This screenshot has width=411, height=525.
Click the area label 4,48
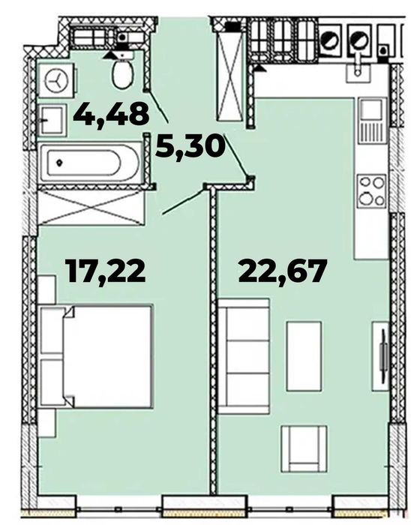tap(111, 114)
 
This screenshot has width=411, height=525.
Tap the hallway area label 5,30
tap(190, 146)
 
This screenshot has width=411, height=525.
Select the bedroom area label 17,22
tap(106, 271)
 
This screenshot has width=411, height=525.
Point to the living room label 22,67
tap(282, 271)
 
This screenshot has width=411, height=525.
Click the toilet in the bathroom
tap(123, 71)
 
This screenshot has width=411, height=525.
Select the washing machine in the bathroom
tap(56, 80)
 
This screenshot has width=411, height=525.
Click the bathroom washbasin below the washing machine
tap(52, 120)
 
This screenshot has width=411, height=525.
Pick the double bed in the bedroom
tap(97, 356)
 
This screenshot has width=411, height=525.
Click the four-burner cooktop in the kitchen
tap(371, 190)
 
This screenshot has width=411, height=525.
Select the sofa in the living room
tap(244, 356)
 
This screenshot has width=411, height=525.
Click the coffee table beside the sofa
tap(304, 356)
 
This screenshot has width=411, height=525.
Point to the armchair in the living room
tap(304, 449)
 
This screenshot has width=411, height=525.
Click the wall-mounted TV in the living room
tap(382, 356)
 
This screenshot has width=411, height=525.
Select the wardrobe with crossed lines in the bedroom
tap(91, 208)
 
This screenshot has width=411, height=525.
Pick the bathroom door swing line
tap(157, 106)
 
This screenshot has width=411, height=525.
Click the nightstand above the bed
tap(46, 289)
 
